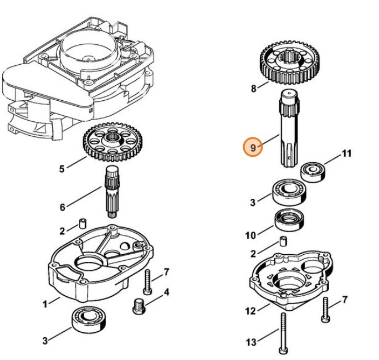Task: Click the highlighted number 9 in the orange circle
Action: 253,148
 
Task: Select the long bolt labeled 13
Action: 282,333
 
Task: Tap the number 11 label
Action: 346,153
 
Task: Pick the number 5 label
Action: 62,169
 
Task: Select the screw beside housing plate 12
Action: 325,308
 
